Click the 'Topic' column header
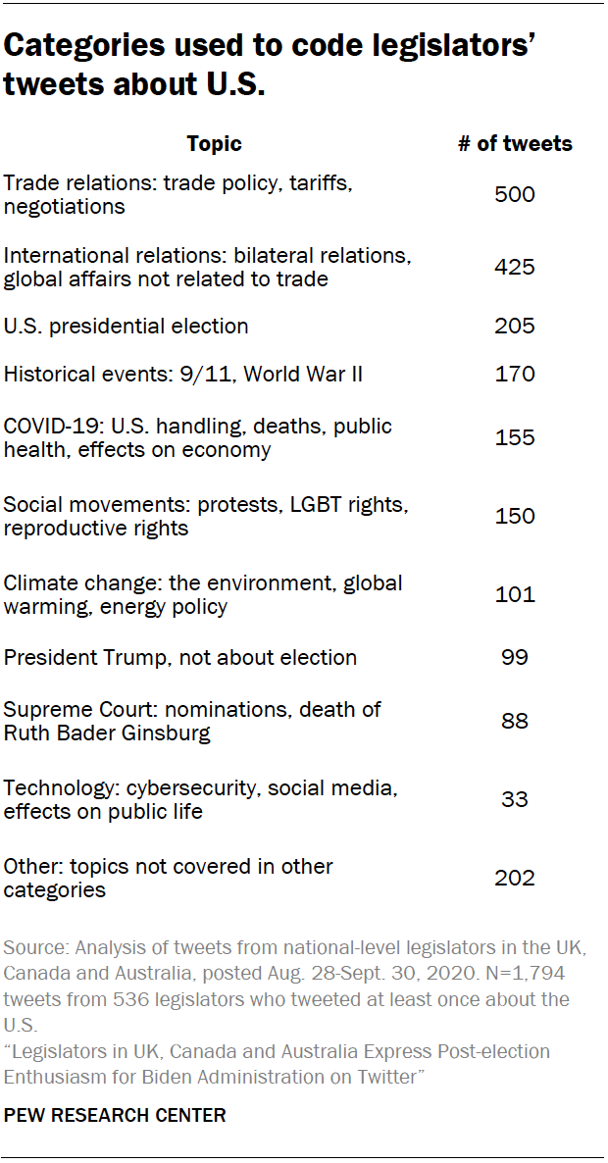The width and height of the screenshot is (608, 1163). [x=214, y=144]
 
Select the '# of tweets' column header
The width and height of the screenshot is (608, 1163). [x=515, y=144]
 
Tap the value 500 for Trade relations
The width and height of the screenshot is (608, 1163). [x=515, y=194]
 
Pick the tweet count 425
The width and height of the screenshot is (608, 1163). [x=515, y=267]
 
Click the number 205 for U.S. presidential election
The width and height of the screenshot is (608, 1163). [x=515, y=326]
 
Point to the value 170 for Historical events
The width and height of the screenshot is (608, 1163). [x=515, y=374]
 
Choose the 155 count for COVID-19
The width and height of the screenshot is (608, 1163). [x=515, y=437]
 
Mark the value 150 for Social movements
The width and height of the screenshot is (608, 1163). [x=515, y=516]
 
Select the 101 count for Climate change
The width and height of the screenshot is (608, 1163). [x=515, y=594]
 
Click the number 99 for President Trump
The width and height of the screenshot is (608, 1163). [x=515, y=657]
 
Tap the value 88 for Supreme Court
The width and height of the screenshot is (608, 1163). [x=515, y=721]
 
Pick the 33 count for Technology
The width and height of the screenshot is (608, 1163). [x=515, y=799]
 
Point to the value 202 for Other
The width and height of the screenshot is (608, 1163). [x=515, y=878]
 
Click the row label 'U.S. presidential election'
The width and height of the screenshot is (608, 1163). [x=127, y=326]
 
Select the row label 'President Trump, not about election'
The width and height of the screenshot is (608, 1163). [x=180, y=657]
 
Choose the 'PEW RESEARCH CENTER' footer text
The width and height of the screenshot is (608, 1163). [x=115, y=1115]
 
